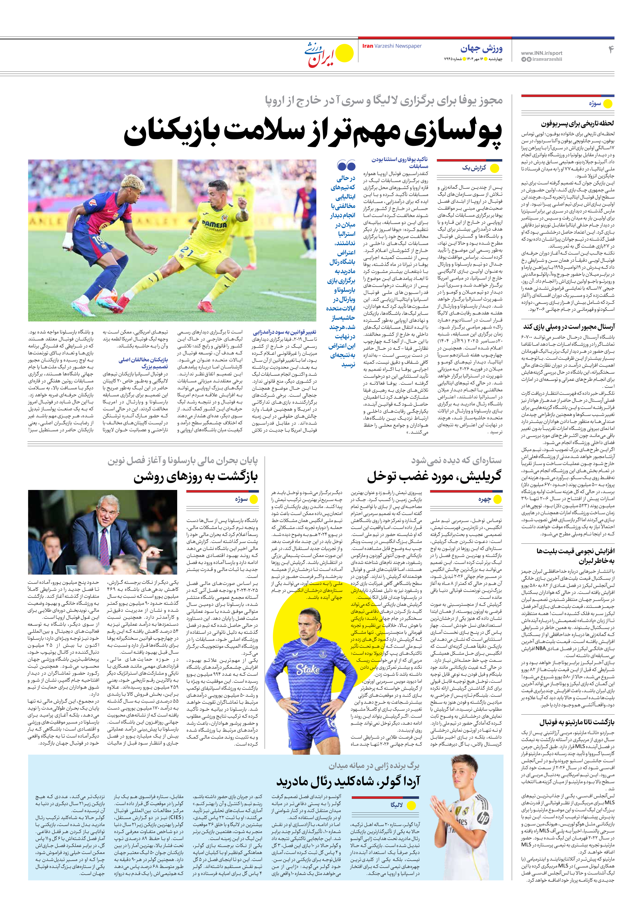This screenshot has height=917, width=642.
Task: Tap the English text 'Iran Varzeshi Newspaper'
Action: coord(392,46)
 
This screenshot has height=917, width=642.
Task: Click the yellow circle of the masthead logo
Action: coord(344,53)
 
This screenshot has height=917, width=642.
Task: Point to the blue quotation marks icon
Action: coord(346,165)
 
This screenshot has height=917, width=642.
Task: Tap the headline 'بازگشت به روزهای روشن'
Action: coord(195,476)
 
